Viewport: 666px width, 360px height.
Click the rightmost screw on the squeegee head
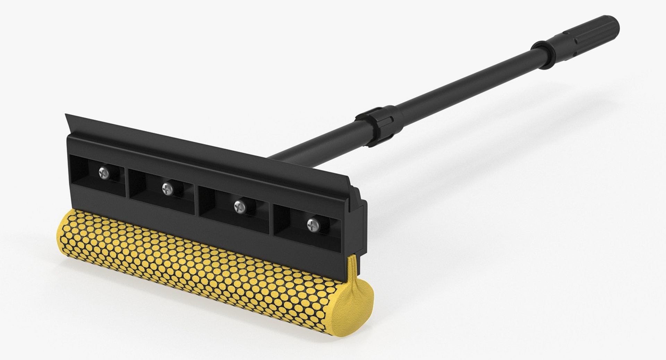(x=312, y=225)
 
